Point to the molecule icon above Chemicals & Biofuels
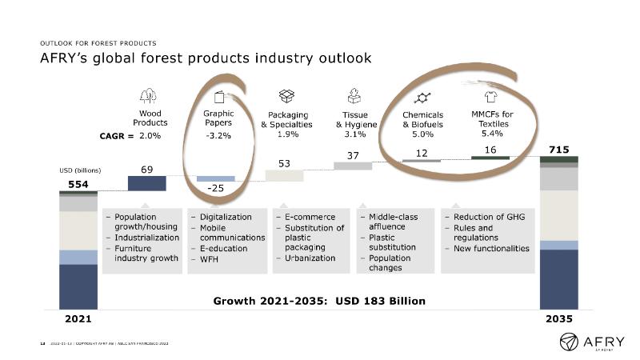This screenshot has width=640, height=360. click(422, 97)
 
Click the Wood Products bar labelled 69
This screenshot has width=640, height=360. click(147, 183)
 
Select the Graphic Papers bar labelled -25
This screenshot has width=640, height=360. click(216, 179)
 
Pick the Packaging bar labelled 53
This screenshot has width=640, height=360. click(285, 175)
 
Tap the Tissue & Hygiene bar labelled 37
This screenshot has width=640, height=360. click(353, 166)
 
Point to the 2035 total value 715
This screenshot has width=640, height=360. click(558, 150)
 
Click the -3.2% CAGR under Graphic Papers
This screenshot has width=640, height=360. click(217, 136)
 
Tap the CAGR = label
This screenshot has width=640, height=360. click(115, 136)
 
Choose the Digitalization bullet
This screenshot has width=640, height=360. click(223, 217)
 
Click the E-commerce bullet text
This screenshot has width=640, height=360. click(310, 217)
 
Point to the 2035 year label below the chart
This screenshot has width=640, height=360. click(558, 318)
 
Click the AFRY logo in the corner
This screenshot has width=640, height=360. click(593, 341)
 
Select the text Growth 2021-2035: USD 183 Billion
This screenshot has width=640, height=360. click(319, 301)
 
